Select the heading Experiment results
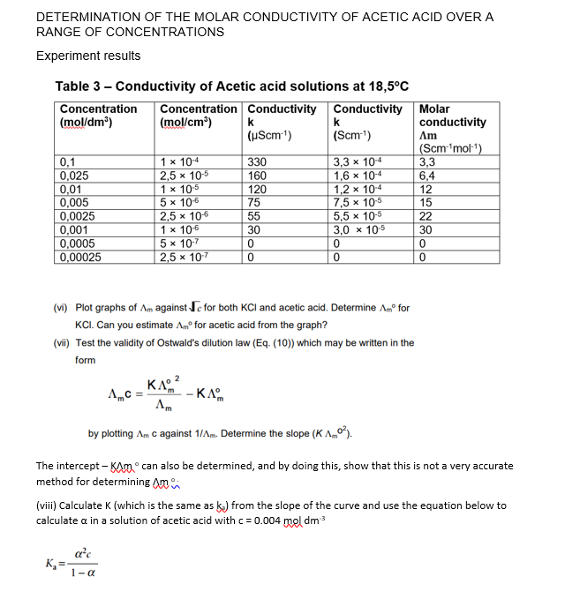pyautogui.click(x=88, y=56)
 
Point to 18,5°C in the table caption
pyautogui.click(x=383, y=86)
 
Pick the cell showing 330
pyautogui.click(x=257, y=162)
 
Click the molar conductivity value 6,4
pyautogui.click(x=427, y=175)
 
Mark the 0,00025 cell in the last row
pyautogui.click(x=81, y=258)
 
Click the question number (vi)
pyautogui.click(x=63, y=308)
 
